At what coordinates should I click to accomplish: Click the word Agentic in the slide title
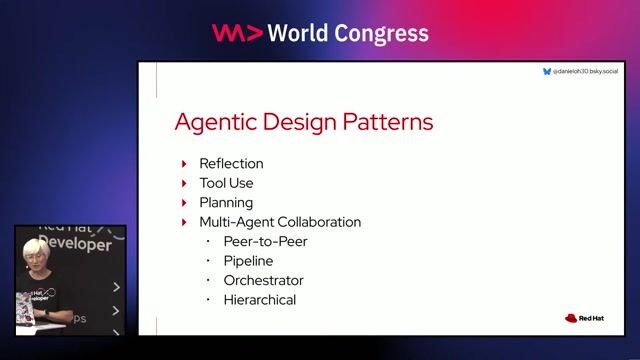[x=212, y=122]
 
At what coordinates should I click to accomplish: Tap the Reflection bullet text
[x=231, y=163]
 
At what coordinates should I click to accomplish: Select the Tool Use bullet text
[x=226, y=183]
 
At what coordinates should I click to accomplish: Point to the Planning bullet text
[x=226, y=202]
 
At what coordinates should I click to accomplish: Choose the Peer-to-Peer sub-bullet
[x=265, y=241]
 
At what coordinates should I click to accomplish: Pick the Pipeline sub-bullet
[x=248, y=261]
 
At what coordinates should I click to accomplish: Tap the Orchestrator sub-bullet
[x=263, y=280]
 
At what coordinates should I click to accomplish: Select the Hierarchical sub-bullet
[x=260, y=300]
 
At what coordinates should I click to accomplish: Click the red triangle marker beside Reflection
[x=184, y=163]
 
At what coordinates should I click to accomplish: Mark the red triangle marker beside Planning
[x=184, y=202]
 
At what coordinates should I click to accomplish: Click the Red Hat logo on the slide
[x=584, y=318]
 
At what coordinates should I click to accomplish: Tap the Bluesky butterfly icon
[x=547, y=72]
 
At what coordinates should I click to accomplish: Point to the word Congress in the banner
[x=381, y=33]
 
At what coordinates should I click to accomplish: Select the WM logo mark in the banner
[x=237, y=33]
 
